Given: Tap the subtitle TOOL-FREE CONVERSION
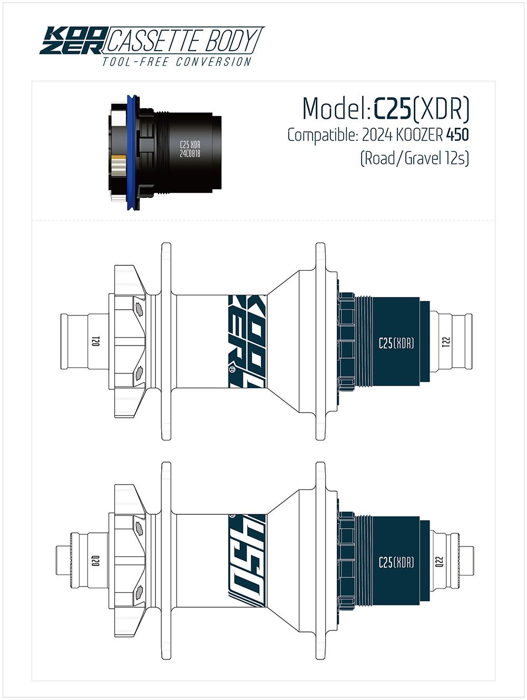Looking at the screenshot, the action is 177,62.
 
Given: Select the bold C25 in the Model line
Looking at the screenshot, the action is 392,109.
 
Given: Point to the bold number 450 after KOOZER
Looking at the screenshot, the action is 457,135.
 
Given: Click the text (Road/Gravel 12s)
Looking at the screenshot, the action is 415,158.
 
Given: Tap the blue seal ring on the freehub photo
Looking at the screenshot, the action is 131,153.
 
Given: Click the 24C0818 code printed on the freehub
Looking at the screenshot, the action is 190,154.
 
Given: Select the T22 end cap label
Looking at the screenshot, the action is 445,342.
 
